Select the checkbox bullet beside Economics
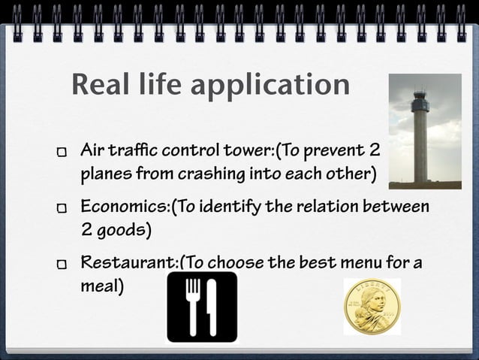point(62,207)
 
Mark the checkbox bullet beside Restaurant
point(62,265)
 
